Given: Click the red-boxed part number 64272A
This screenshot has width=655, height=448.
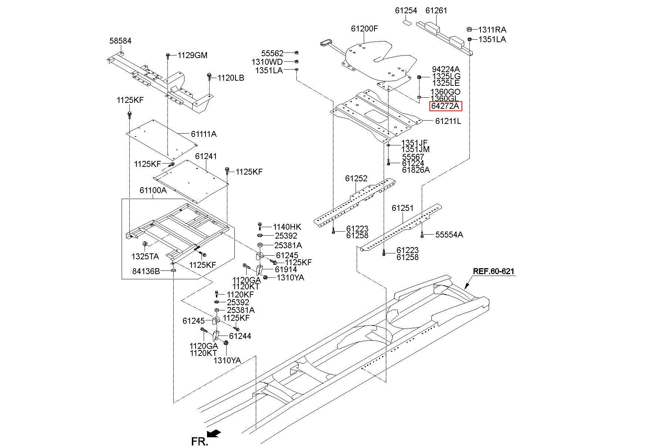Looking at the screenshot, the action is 445,106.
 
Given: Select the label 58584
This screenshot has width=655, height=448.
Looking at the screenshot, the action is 120,41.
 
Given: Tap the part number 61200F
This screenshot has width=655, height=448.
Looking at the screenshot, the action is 364,28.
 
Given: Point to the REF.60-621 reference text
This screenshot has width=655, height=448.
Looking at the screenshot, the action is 493,271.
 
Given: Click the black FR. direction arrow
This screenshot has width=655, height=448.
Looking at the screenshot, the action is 214,433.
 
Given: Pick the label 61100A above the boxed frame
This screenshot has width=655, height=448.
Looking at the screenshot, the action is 153,190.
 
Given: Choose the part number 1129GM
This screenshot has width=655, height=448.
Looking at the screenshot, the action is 193,55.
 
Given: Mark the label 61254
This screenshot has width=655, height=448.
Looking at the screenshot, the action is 406,10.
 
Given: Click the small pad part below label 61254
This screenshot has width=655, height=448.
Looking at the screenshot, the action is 406,22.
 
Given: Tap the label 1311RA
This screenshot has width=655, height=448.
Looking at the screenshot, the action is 492,30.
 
